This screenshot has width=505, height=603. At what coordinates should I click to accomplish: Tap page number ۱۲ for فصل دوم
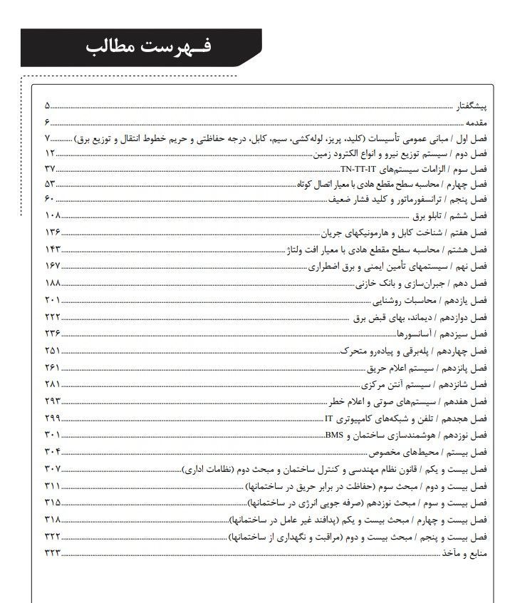click(x=51, y=153)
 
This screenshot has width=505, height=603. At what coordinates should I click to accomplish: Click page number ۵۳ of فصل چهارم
click(x=50, y=184)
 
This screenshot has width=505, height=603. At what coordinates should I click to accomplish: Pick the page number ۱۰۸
click(x=52, y=215)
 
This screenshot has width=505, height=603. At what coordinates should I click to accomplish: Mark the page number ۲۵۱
click(x=52, y=350)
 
